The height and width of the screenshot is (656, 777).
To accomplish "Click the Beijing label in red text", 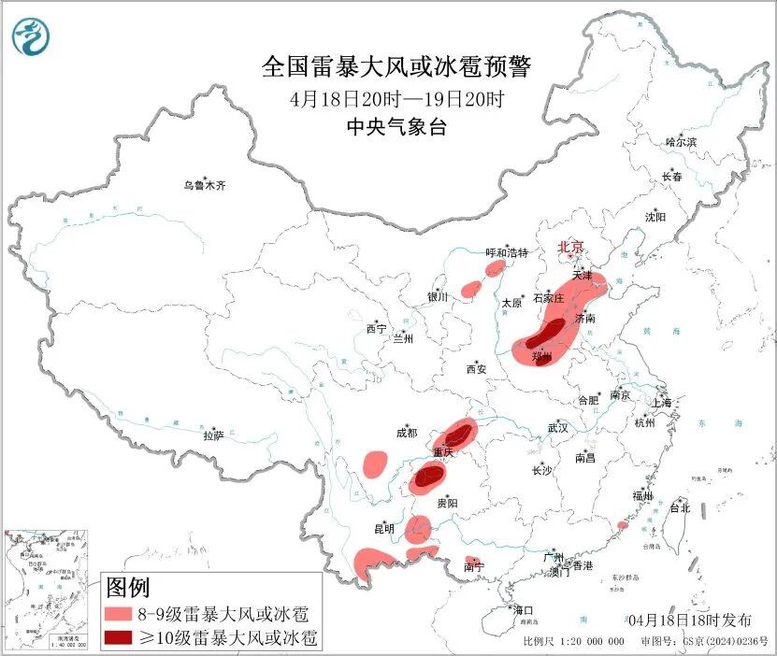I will (570, 247).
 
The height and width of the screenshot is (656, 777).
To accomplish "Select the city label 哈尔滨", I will (681, 142).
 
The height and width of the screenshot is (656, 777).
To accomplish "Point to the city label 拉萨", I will (213, 435).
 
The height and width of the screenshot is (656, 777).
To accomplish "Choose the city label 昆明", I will (384, 529).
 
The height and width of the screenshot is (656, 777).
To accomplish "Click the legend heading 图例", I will (128, 588).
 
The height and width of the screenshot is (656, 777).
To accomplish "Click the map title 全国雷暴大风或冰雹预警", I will (396, 67).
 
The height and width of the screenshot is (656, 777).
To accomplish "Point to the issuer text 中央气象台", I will (396, 127).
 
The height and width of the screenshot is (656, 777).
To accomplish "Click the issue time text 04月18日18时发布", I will (689, 620).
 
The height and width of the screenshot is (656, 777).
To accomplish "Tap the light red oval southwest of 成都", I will (376, 463).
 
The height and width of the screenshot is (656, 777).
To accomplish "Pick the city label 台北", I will (679, 508).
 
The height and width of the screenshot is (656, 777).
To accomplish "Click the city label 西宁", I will (376, 329).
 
